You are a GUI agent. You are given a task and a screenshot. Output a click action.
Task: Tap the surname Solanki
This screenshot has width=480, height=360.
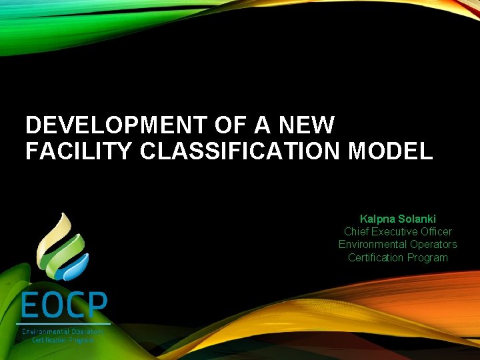coord(417,219)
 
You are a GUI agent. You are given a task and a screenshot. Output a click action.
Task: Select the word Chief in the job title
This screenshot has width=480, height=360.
coord(356,231)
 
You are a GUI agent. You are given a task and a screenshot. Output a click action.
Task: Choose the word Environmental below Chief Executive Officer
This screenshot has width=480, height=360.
coord(372,244)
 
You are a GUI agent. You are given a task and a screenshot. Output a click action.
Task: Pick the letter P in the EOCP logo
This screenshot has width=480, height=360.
coord(97,307)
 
